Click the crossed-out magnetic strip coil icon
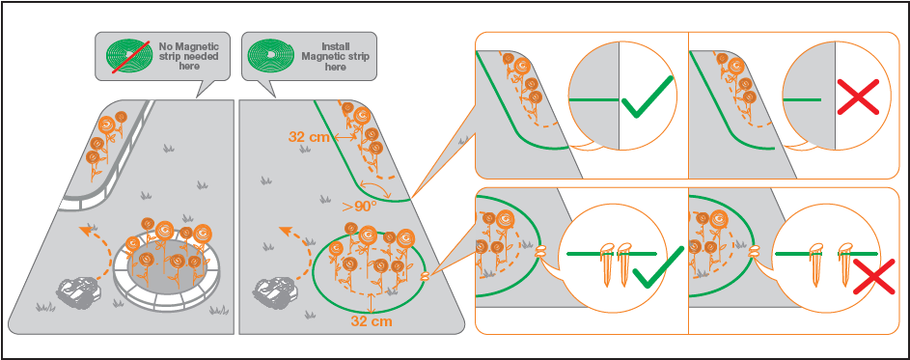[x=126, y=56]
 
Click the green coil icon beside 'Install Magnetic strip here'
[x=269, y=56]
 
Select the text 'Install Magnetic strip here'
[x=336, y=56]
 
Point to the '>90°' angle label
[x=361, y=207]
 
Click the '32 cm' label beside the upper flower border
[x=310, y=137]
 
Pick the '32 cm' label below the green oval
[x=372, y=320]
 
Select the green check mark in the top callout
[x=648, y=97]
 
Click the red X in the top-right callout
[x=858, y=96]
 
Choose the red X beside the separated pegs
[x=872, y=279]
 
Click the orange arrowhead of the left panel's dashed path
[x=85, y=231]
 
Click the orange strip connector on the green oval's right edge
[x=426, y=276]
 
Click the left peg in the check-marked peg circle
[x=606, y=264]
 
